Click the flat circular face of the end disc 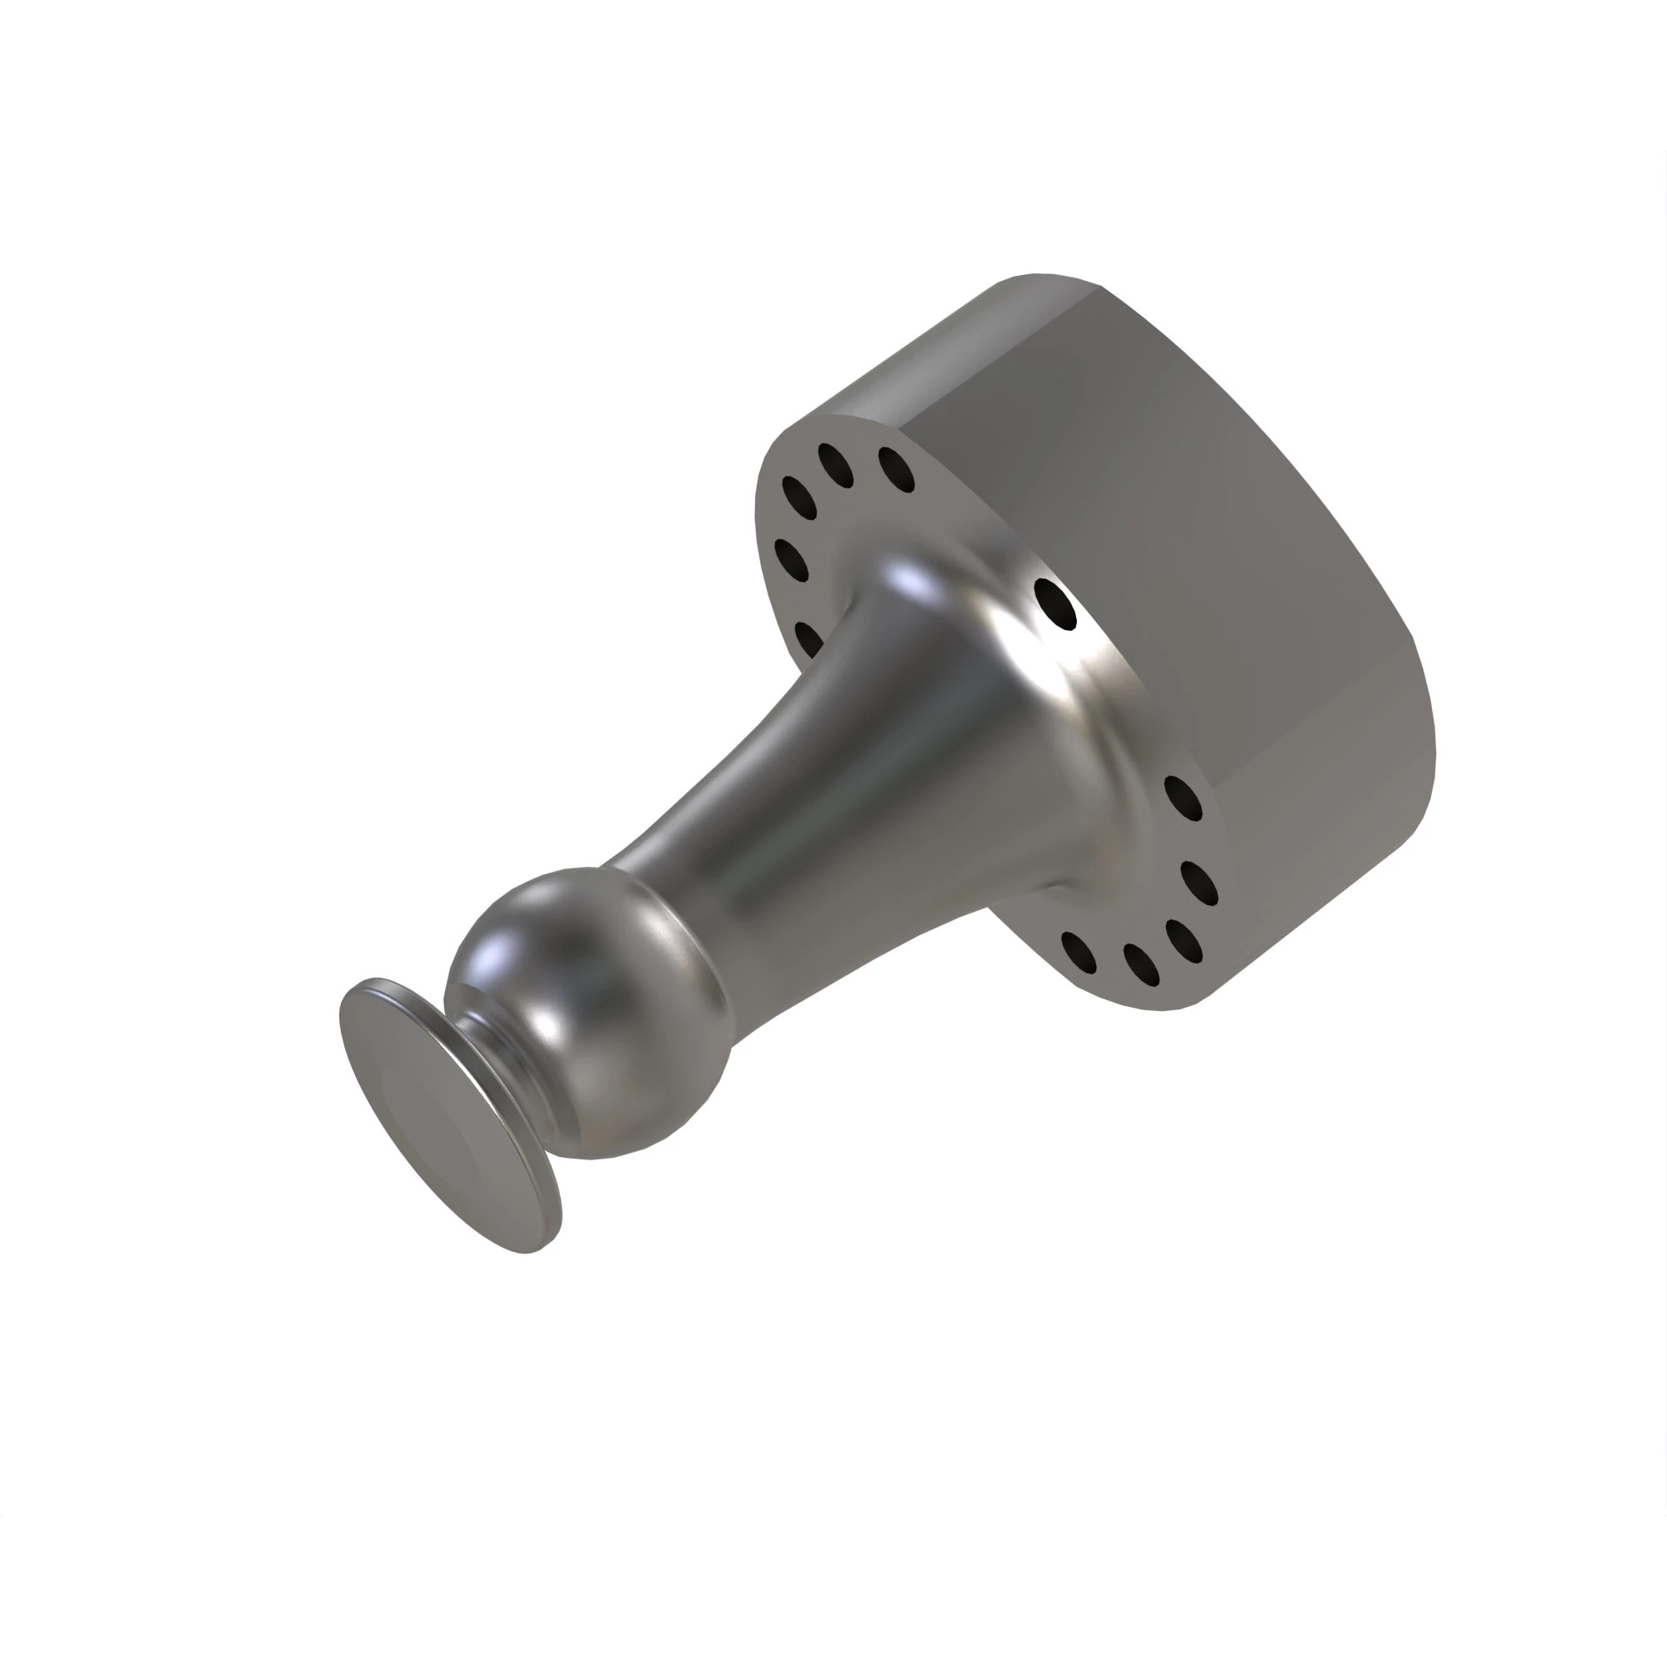pyautogui.click(x=444, y=1113)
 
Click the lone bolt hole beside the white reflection pyautogui.click(x=1054, y=604)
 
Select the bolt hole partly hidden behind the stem pyautogui.click(x=808, y=638)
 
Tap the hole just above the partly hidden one pyautogui.click(x=791, y=559)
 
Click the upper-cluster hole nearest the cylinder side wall pyautogui.click(x=897, y=468)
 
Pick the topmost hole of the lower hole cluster pyautogui.click(x=1183, y=798)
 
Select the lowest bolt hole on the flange pyautogui.click(x=1142, y=964)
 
